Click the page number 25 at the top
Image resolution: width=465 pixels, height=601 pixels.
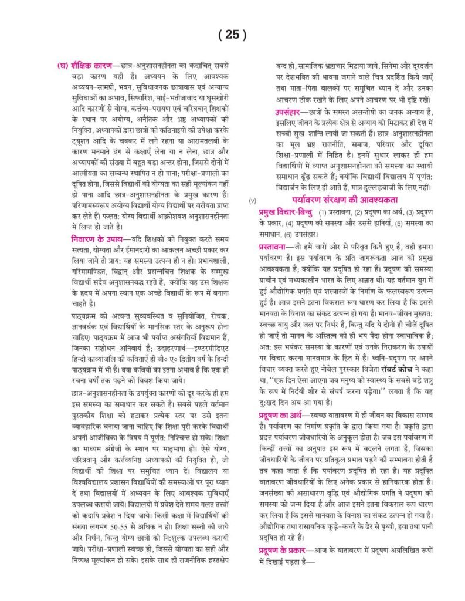pyautogui.click(x=232, y=35)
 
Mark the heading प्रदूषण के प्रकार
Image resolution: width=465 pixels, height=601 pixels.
pyautogui.click(x=286, y=550)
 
